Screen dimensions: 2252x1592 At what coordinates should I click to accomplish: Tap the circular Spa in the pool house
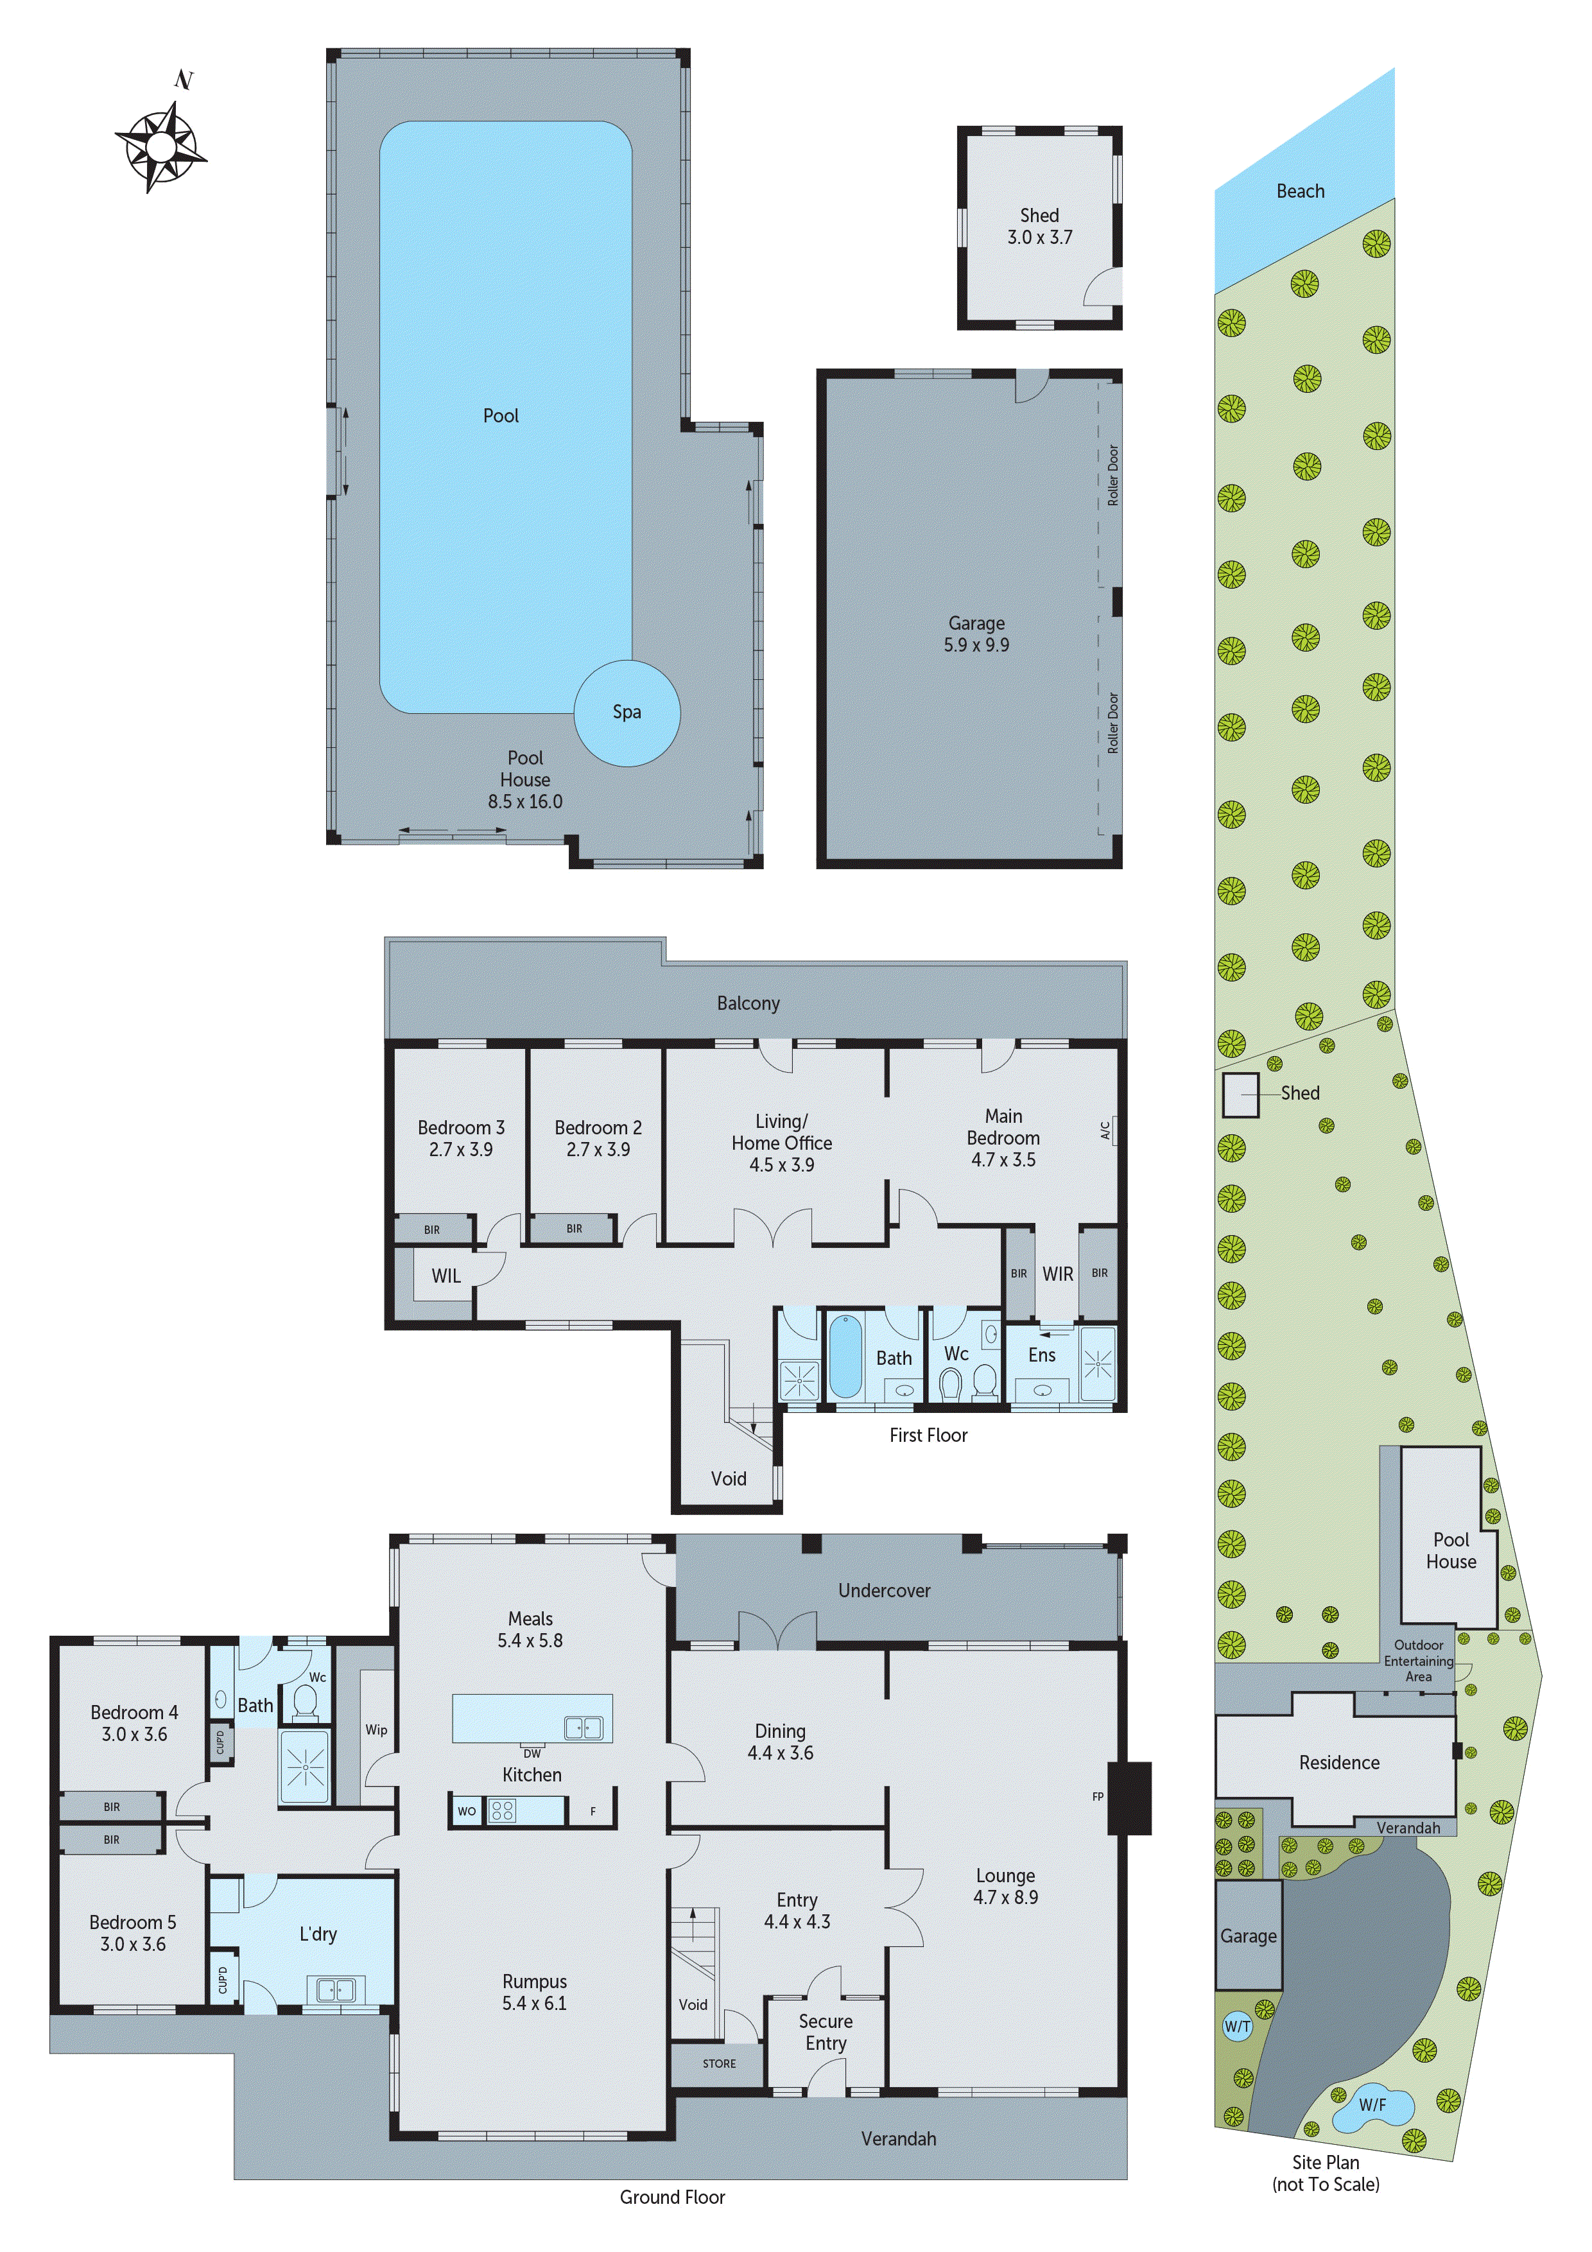[x=626, y=712]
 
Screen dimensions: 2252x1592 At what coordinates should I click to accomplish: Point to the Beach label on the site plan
[x=1300, y=191]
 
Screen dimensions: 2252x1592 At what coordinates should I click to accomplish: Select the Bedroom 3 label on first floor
[x=460, y=1127]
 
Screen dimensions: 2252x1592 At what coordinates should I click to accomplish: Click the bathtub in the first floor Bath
[x=845, y=1358]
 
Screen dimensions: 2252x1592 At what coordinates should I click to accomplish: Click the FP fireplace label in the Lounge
[x=1098, y=1796]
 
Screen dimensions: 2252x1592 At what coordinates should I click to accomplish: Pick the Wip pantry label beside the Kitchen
[x=377, y=1729]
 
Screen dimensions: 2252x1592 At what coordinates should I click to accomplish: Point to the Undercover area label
[x=884, y=1590]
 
